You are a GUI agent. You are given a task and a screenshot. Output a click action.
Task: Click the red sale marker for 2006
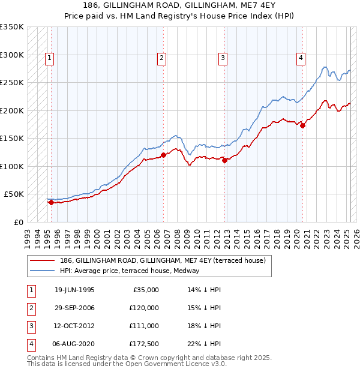[x=163, y=155]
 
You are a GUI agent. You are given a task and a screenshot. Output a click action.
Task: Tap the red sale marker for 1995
[x=51, y=202]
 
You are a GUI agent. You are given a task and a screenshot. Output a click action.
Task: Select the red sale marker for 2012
[x=224, y=160]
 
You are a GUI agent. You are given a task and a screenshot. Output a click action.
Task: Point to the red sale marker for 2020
[x=302, y=125]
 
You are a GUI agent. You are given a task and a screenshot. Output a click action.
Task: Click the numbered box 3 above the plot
[x=223, y=58]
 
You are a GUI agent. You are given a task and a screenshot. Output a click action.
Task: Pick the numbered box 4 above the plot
[x=300, y=58]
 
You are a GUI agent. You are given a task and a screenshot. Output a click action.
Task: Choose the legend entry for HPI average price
[x=129, y=271]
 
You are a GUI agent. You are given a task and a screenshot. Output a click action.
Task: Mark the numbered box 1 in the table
[x=30, y=290]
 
